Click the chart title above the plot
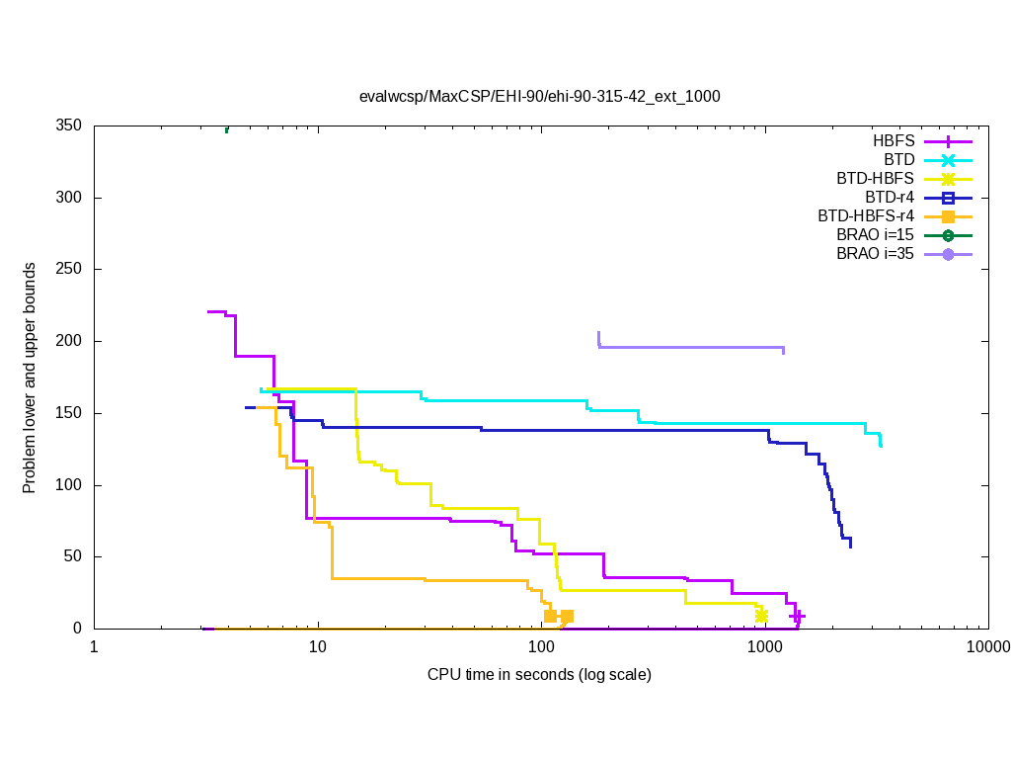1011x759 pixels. coord(540,97)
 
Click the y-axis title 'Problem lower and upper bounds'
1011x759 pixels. coord(31,378)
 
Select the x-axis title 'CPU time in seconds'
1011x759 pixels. coord(539,675)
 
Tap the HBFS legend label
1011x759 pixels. coord(894,141)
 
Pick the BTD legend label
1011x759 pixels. coord(898,160)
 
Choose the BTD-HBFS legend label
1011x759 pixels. coord(875,179)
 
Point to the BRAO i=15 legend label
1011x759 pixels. coord(875,235)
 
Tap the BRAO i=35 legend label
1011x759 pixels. coord(875,254)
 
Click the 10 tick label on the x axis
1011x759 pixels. coord(318,648)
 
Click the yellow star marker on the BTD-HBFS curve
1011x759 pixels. coord(761,616)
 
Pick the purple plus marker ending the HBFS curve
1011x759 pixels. coord(797,616)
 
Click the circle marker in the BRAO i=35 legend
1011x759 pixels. coord(948,255)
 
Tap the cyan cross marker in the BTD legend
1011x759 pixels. coord(948,160)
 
